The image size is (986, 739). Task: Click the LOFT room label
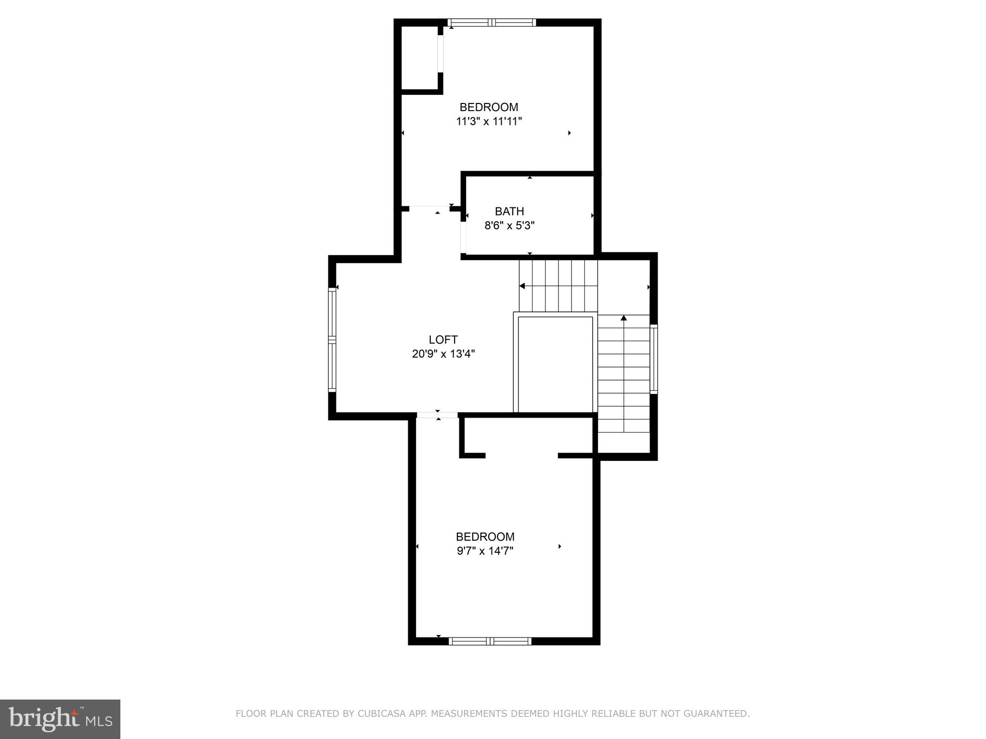(x=443, y=340)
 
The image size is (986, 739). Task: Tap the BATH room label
(x=509, y=211)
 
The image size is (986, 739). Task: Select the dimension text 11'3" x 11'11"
(x=489, y=121)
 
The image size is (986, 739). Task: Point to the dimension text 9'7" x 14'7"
(x=485, y=551)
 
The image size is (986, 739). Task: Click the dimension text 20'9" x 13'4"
(x=443, y=354)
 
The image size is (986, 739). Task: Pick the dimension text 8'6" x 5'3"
(x=509, y=225)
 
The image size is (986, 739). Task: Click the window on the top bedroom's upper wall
(x=491, y=22)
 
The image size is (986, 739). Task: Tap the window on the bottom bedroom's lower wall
(x=490, y=641)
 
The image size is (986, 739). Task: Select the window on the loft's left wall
(x=332, y=340)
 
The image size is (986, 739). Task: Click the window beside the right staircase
(x=653, y=359)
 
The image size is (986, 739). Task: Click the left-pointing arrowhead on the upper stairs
(x=522, y=286)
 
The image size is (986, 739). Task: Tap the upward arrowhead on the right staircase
(x=623, y=318)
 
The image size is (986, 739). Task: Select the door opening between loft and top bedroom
(x=429, y=208)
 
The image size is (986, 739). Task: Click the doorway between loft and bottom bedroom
(x=437, y=415)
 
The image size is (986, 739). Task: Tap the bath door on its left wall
(x=463, y=237)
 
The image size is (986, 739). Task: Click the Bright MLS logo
(x=60, y=719)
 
